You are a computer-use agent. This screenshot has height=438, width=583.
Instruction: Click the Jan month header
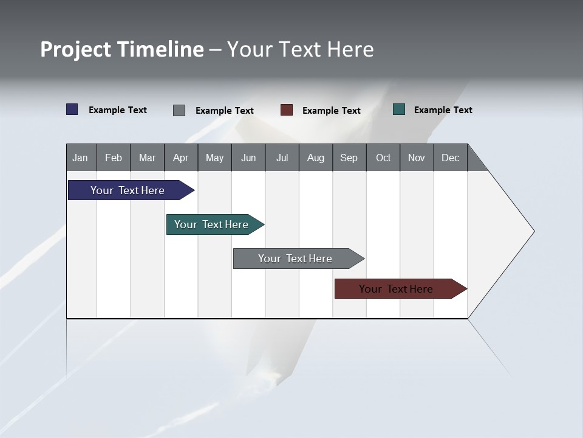pyautogui.click(x=81, y=158)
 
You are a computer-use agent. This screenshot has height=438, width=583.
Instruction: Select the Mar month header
pyautogui.click(x=147, y=158)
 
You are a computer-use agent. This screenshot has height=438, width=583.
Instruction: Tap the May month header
pyautogui.click(x=214, y=158)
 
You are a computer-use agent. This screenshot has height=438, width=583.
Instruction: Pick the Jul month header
pyautogui.click(x=282, y=158)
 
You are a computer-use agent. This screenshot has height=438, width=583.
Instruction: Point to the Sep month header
pyautogui.click(x=349, y=158)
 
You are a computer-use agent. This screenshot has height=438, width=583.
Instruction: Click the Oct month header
pyautogui.click(x=383, y=158)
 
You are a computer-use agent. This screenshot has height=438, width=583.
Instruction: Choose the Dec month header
pyautogui.click(x=450, y=158)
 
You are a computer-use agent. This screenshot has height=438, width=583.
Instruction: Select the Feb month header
pyautogui.click(x=114, y=158)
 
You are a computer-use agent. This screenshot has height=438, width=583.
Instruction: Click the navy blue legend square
pyautogui.click(x=72, y=109)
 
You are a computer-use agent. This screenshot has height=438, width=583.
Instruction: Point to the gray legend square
pyautogui.click(x=179, y=110)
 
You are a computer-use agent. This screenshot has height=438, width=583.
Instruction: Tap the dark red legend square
pyautogui.click(x=287, y=110)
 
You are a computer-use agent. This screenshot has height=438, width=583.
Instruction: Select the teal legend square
pyautogui.click(x=399, y=109)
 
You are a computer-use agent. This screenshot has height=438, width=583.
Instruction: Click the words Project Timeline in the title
pyautogui.click(x=122, y=49)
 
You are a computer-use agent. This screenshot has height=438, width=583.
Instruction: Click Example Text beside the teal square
pyautogui.click(x=443, y=110)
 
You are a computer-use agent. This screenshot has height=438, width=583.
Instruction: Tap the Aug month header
pyautogui.click(x=315, y=158)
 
